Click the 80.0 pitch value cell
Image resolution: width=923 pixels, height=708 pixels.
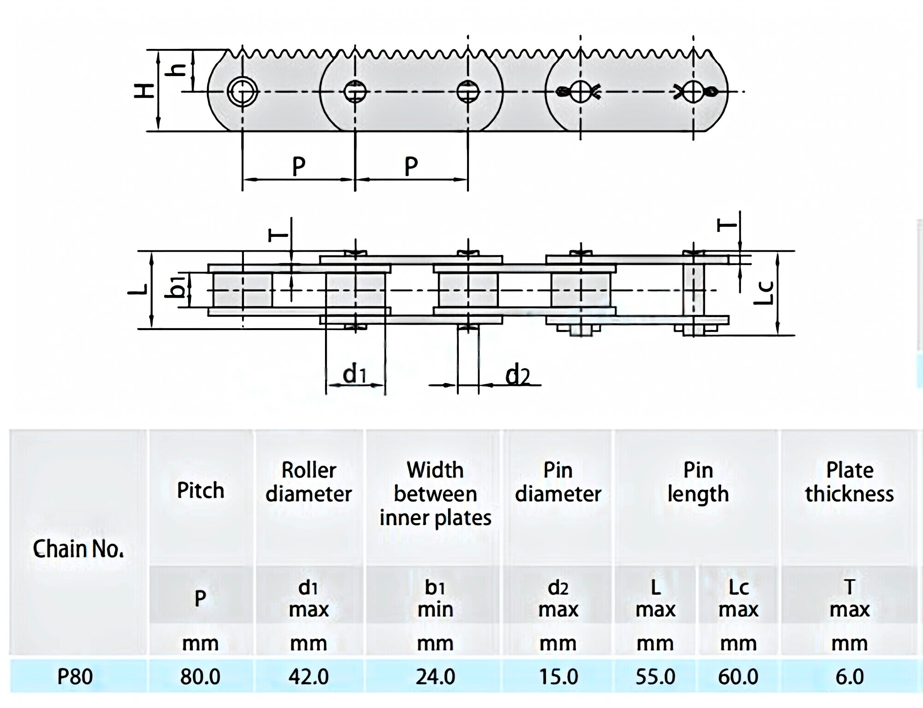200,677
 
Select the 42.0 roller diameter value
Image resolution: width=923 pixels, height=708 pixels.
308,677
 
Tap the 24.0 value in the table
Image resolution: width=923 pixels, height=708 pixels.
435,677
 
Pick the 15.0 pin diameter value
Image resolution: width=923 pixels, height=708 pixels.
558,677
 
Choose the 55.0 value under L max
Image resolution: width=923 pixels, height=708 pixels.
655,677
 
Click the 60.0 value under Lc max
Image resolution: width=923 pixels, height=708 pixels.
738,677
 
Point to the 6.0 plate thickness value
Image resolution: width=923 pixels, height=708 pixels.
849,677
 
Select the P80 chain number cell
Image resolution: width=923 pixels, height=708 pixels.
75,677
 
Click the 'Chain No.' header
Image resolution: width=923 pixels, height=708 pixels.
78,549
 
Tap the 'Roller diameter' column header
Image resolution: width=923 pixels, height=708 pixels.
308,482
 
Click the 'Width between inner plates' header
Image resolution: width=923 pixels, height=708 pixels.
435,494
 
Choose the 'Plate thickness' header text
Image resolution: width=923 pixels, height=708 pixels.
849,482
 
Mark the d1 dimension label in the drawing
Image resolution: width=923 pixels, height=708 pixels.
354,374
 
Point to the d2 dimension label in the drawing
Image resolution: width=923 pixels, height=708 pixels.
517,375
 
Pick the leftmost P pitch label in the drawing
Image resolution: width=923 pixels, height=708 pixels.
299,166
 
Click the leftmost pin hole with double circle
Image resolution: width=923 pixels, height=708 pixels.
243,91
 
